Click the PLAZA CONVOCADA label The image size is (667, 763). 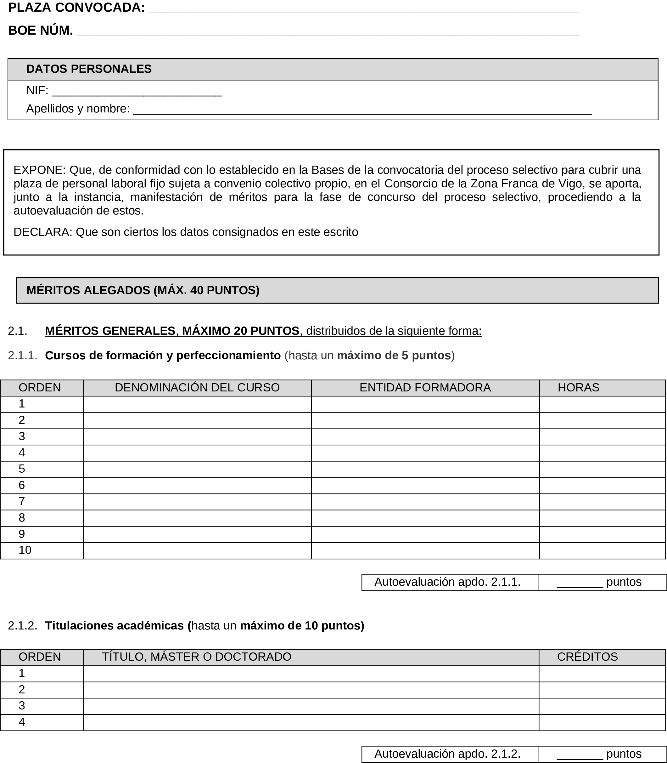pyautogui.click(x=76, y=8)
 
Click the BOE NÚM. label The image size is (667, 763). pyautogui.click(x=40, y=31)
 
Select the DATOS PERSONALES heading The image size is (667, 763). pyautogui.click(x=89, y=69)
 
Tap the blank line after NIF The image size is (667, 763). pyautogui.click(x=137, y=92)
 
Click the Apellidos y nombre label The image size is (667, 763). pyautogui.click(x=78, y=109)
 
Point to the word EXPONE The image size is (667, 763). pyautogui.click(x=39, y=170)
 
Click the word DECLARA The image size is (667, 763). pyautogui.click(x=42, y=232)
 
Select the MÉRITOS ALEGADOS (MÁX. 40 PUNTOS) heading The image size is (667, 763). pyautogui.click(x=143, y=290)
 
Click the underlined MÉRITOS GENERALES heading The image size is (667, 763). pyautogui.click(x=110, y=331)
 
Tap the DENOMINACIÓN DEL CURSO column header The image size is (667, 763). pyautogui.click(x=197, y=387)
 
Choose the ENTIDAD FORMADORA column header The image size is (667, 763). pyautogui.click(x=425, y=387)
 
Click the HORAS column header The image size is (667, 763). pyautogui.click(x=578, y=387)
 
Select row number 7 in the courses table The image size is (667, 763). pyautogui.click(x=22, y=501)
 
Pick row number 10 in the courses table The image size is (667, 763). pyautogui.click(x=25, y=550)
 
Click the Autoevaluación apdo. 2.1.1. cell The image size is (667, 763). pyautogui.click(x=447, y=582)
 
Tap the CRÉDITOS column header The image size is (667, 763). pyautogui.click(x=587, y=657)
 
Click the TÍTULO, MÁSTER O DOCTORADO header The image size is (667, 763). pyautogui.click(x=197, y=657)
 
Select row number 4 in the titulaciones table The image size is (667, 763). pyautogui.click(x=22, y=722)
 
